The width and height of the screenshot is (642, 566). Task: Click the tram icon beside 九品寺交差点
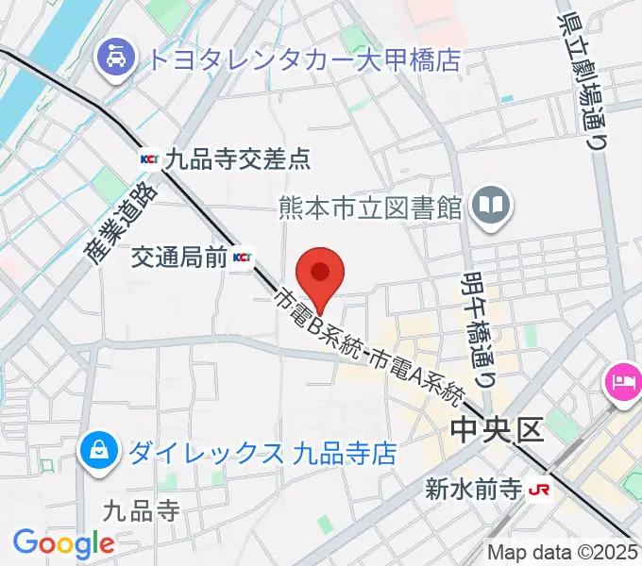[x=149, y=158]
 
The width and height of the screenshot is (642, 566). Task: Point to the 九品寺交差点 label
[x=237, y=158]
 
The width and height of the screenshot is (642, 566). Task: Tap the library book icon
[x=491, y=205]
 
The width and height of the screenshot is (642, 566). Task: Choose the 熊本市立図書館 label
[x=370, y=206]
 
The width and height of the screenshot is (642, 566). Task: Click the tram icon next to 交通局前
[x=243, y=257]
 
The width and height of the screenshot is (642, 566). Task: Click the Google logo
[x=63, y=543]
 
